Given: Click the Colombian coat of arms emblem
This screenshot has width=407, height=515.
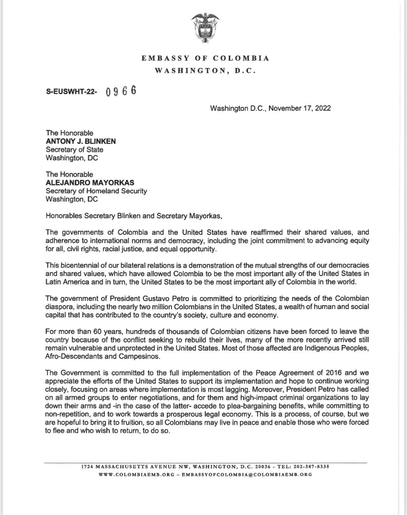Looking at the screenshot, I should coord(205,28).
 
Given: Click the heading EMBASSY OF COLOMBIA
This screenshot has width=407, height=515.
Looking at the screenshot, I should coord(205,58).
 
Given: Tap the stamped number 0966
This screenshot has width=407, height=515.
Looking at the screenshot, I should coord(121,91).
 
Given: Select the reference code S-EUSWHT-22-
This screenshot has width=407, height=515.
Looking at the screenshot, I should coord(71,92).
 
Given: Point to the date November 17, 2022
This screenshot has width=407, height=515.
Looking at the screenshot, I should coord(300,108).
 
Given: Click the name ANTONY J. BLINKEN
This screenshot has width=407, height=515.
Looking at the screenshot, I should coord(81,141).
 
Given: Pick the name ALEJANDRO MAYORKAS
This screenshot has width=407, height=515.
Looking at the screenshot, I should coord(90,183).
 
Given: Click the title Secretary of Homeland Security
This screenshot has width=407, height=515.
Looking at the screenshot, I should coord(96,191).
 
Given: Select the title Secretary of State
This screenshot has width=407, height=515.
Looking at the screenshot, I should coord(74,150).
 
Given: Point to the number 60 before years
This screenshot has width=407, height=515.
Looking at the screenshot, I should coord(98,332).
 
